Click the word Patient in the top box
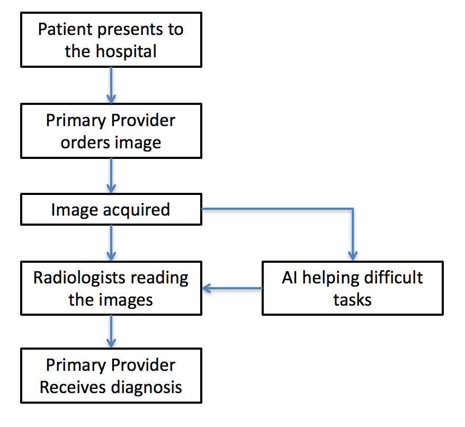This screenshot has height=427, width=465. coord(66,29)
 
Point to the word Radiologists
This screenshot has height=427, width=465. coord(79,279)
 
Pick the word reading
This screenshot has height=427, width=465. coord(159,279)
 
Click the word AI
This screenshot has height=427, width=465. coord(290,278)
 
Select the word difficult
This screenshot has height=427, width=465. coord(393,277)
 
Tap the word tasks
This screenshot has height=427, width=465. coord(352,300)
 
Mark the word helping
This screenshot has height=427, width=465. coord(330,279)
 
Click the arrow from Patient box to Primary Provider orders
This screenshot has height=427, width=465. coord(111,85)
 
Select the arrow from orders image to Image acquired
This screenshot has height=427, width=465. coord(111,176)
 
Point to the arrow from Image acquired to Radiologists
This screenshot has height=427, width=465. coord(111,243)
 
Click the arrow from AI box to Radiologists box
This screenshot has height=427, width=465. coord(232,288)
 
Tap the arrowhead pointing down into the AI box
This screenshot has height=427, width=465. coord(353,256)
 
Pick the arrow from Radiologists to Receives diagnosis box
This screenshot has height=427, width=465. coord(111,332)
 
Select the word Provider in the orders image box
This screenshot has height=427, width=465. coord(143,120)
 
